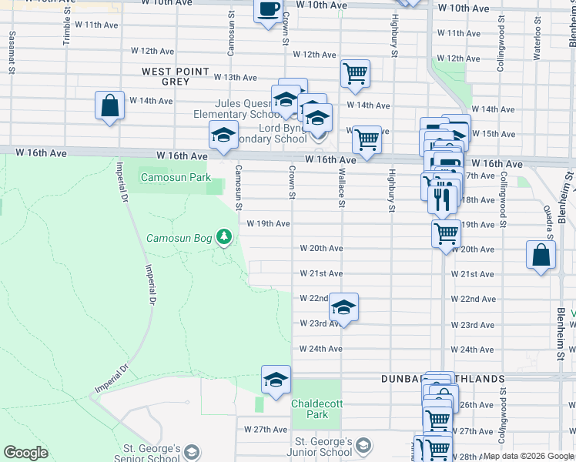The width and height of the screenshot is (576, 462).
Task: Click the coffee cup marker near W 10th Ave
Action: tap(268, 11)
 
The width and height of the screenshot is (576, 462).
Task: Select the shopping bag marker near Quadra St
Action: tap(541, 256)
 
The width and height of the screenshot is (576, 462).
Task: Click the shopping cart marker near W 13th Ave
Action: tap(355, 74)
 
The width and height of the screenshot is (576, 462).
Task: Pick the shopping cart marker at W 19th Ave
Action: tap(447, 233)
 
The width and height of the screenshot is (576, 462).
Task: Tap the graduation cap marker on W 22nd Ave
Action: tap(343, 308)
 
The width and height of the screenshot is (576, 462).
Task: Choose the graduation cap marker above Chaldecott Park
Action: tap(276, 380)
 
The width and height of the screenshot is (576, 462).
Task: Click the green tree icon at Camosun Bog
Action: tap(224, 236)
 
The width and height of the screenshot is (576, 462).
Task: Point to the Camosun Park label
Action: tap(176, 177)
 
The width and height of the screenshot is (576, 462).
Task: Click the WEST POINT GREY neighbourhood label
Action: tap(176, 76)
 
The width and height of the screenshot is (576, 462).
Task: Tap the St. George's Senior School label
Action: tap(152, 453)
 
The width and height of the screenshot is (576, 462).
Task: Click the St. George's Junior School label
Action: tap(323, 447)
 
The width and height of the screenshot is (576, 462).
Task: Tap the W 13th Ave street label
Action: tap(235, 78)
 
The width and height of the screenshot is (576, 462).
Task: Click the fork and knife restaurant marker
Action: tap(441, 199)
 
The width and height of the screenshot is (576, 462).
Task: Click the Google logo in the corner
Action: tap(25, 453)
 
